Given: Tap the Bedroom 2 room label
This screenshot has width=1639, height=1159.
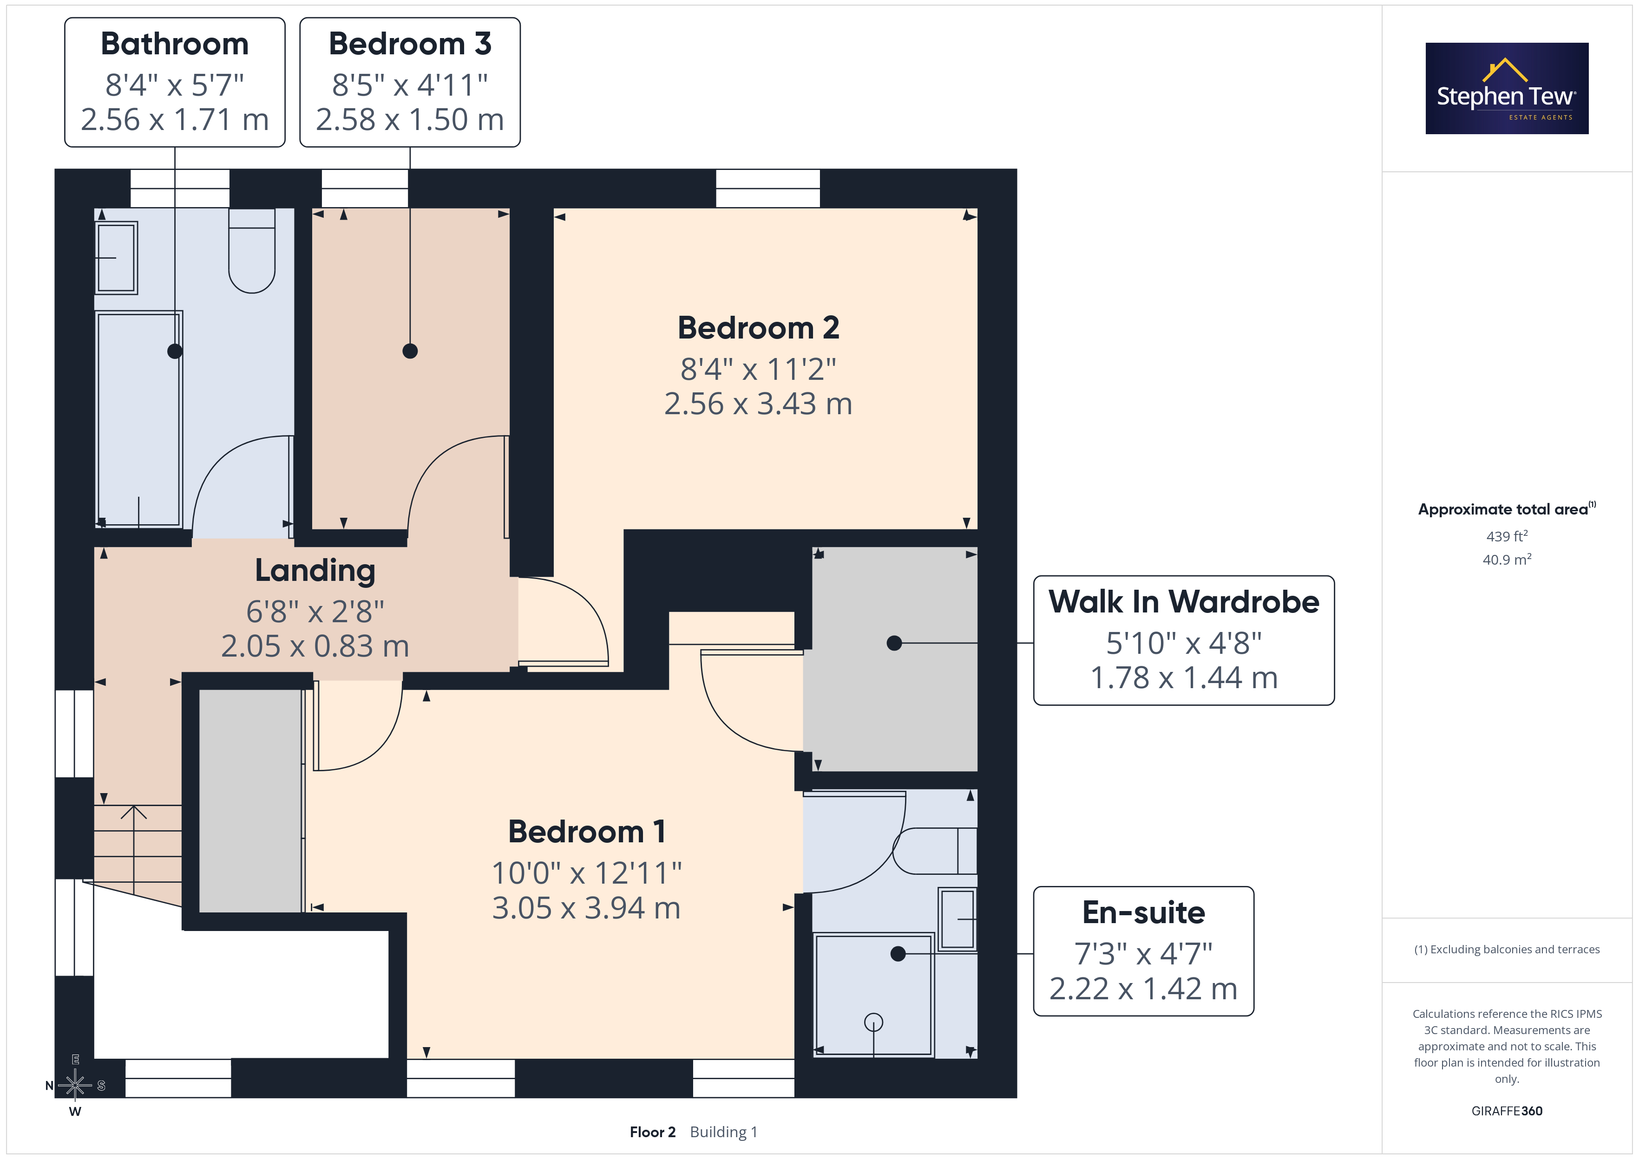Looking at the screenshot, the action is [758, 327].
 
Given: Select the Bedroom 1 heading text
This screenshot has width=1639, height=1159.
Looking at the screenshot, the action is [587, 832].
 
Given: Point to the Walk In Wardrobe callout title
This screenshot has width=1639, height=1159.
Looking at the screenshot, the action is [1184, 602].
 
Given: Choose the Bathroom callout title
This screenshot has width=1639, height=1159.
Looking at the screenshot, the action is [175, 44].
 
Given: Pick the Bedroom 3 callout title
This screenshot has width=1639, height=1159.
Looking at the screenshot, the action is [410, 44].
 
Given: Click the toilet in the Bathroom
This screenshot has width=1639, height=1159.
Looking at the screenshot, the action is [252, 250].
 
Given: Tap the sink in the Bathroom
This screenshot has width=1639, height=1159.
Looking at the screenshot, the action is [116, 258].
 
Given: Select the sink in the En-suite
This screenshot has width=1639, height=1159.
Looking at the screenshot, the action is [957, 919].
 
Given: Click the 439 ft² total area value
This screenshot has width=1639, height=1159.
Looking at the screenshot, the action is [1507, 535].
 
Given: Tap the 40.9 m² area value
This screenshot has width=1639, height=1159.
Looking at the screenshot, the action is [1507, 560].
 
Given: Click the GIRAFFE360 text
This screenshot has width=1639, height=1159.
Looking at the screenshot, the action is [1507, 1111].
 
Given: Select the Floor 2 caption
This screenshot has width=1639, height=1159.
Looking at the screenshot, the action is [652, 1132].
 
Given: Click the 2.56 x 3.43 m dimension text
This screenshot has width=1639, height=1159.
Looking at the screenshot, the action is [758, 404].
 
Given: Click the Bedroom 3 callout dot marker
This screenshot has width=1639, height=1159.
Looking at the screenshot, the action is [410, 351].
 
